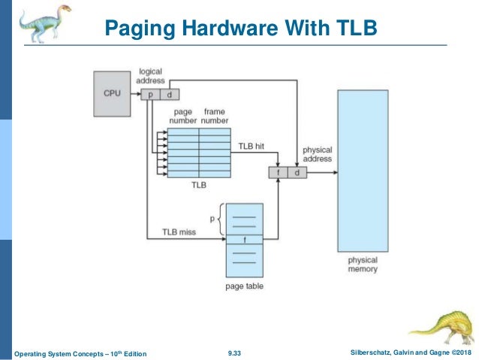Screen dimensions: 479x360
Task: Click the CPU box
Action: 112,94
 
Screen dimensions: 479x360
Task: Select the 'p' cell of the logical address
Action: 150,95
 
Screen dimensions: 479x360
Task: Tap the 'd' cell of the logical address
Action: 170,95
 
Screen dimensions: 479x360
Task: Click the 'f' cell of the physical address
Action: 279,173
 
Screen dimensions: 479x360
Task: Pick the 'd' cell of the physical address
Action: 297,173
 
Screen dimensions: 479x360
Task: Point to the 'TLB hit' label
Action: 251,147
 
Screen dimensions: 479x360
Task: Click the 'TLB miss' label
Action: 179,231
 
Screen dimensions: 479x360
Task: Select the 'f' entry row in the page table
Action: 245,240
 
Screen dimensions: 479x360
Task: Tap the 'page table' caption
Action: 245,286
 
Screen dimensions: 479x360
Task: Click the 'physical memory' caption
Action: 363,265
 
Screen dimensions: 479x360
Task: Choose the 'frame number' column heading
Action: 215,116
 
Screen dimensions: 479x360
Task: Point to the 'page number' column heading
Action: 182,116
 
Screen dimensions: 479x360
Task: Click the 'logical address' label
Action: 150,76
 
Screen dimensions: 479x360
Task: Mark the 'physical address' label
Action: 318,154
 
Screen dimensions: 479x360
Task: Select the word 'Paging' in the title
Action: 140,29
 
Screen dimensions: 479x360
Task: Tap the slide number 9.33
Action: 234,353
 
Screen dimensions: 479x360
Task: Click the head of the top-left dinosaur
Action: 64,8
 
